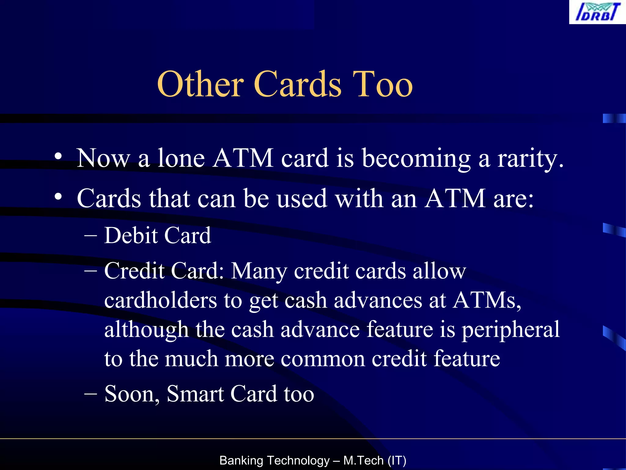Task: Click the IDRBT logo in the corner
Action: pyautogui.click(x=597, y=12)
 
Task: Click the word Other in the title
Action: pyautogui.click(x=200, y=84)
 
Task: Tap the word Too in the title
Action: pyautogui.click(x=382, y=84)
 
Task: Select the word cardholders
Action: pyautogui.click(x=160, y=300)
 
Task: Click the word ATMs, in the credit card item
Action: pyautogui.click(x=487, y=300)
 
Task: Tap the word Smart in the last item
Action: pyautogui.click(x=195, y=394)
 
